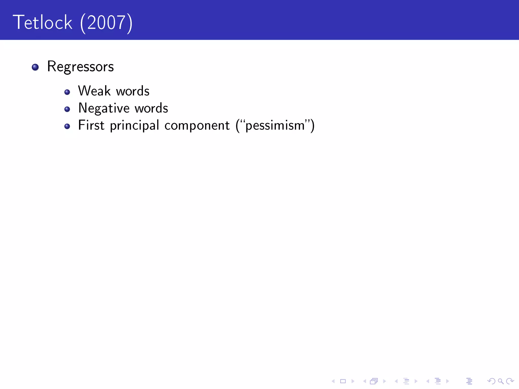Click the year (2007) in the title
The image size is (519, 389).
[x=106, y=23]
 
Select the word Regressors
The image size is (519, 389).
[x=80, y=67]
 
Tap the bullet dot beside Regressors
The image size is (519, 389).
[x=35, y=67]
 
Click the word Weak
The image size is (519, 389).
[x=94, y=91]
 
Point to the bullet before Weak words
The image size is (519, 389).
[x=67, y=92]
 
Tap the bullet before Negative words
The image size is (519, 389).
[x=67, y=109]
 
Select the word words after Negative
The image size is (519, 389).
[x=151, y=108]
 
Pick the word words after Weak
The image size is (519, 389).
[x=133, y=91]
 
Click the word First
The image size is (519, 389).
[x=91, y=125]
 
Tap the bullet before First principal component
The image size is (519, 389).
[x=67, y=126]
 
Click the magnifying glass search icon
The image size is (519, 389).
[x=501, y=381]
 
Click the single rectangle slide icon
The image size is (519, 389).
[x=343, y=381]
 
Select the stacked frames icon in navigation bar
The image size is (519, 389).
[x=374, y=381]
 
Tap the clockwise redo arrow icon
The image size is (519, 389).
[x=510, y=381]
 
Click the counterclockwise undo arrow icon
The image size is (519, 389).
[x=491, y=381]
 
